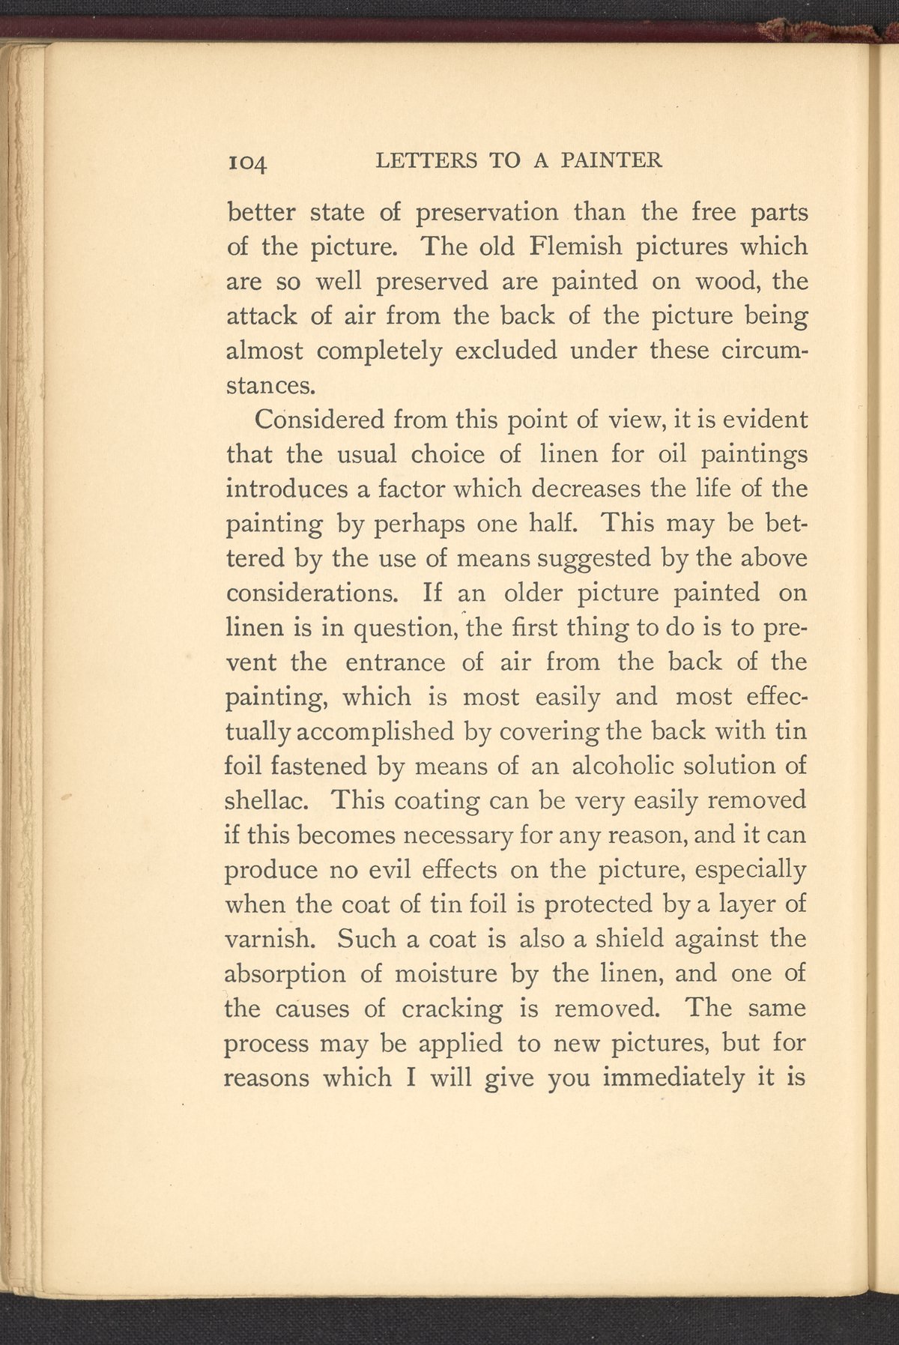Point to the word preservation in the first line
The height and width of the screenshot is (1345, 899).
coord(487,213)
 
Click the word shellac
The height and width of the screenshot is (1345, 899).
coord(268,800)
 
